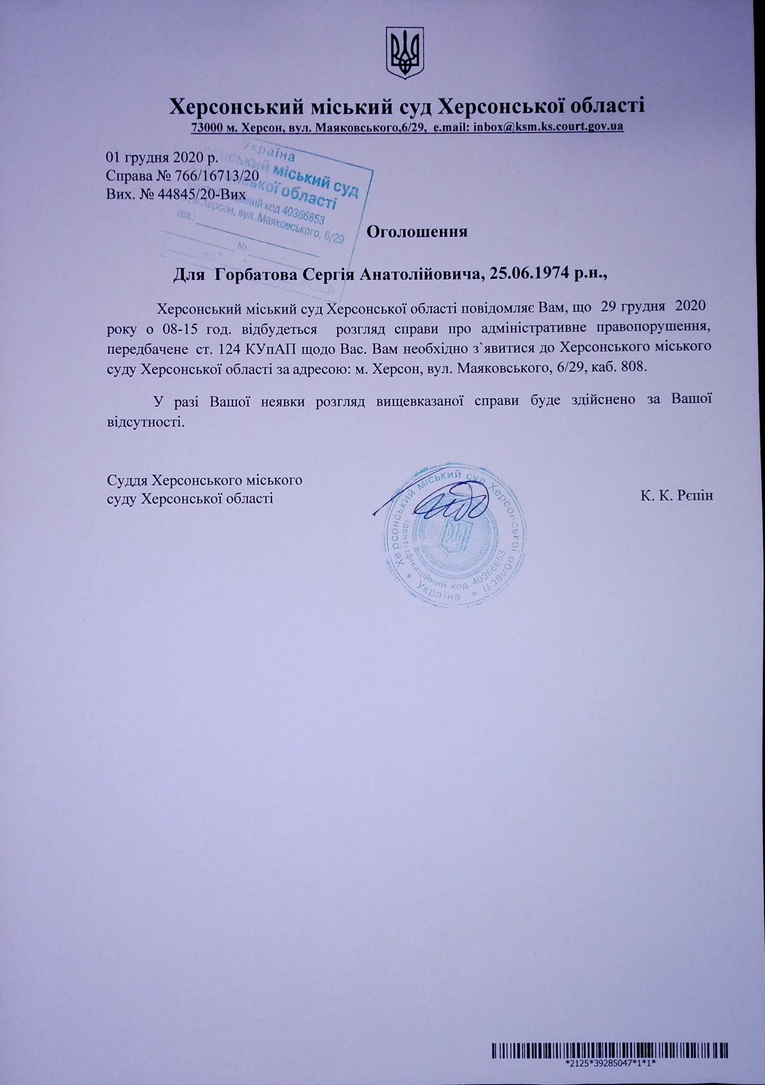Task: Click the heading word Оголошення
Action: (x=417, y=232)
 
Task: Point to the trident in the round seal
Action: (x=453, y=537)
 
